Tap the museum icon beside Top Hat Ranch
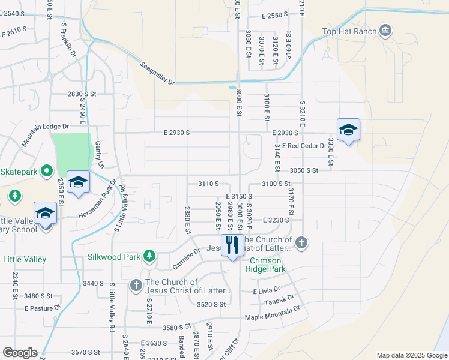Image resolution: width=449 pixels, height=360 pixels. [385, 30]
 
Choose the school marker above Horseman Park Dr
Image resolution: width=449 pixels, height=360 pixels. [77, 182]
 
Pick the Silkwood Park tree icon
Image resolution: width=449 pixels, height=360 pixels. [149, 257]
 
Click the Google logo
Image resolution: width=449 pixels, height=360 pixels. [20, 353]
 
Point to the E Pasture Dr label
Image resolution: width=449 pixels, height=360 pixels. [43, 308]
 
